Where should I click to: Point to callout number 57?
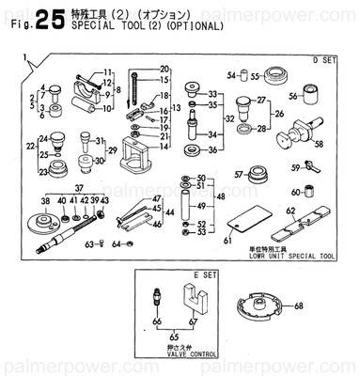(x=240, y=173)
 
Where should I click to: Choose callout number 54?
(x=229, y=75)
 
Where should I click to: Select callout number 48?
(x=221, y=198)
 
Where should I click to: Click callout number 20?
(x=164, y=69)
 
